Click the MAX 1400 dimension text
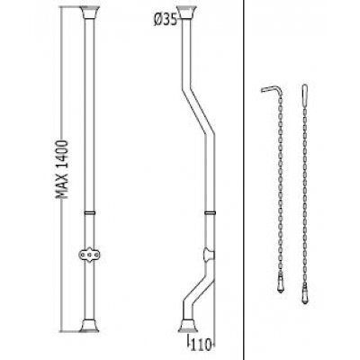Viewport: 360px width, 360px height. (x=62, y=168)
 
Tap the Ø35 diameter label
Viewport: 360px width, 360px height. (x=166, y=20)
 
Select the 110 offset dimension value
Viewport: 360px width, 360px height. (x=201, y=345)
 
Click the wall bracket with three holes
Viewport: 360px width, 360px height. (x=89, y=255)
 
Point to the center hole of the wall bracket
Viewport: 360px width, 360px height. (x=89, y=255)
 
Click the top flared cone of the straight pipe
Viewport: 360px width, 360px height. (x=89, y=13)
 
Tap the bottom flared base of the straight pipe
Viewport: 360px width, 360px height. (x=89, y=325)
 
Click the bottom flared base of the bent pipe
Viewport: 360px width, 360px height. (x=188, y=325)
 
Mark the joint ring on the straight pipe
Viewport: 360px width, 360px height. (x=89, y=212)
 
